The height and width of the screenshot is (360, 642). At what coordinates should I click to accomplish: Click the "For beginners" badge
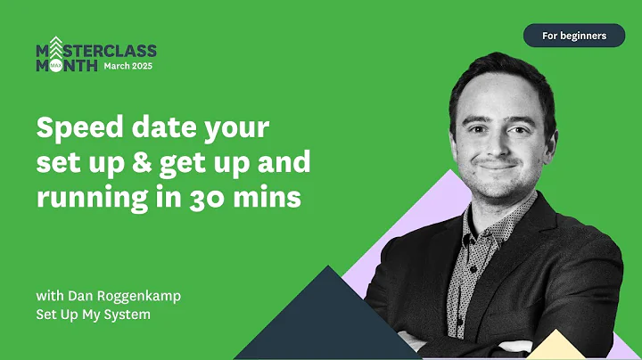tap(574, 36)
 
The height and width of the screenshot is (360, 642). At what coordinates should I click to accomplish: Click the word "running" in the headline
tap(87, 197)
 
